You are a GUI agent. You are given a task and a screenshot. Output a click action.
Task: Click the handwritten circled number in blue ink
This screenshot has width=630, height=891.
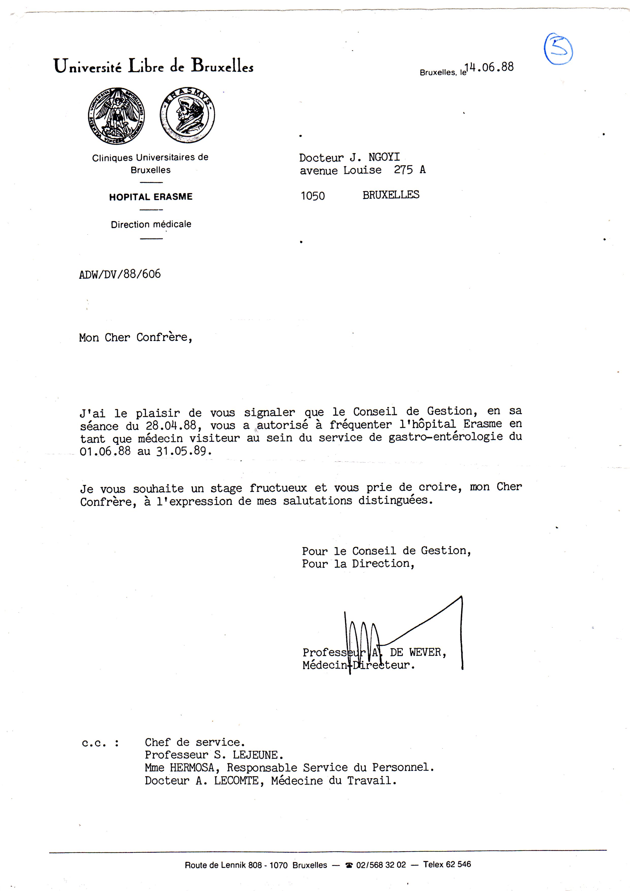point(558,49)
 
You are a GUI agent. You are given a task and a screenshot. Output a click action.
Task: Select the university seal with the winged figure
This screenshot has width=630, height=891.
point(116,116)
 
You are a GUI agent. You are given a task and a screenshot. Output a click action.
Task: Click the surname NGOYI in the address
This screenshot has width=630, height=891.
point(384,157)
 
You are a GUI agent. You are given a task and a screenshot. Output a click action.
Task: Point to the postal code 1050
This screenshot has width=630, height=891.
point(313,196)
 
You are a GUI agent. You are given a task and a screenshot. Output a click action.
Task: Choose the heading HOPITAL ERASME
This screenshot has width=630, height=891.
point(151,197)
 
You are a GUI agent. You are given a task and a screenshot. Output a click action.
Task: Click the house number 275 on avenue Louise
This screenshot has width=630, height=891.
point(403,170)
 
